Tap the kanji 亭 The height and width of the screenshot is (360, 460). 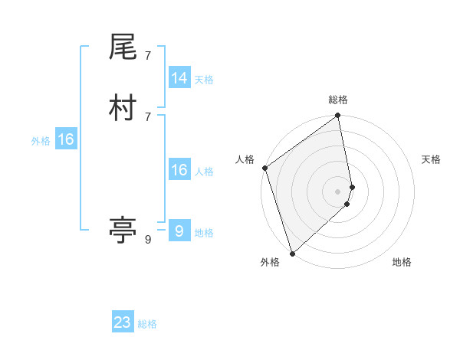coord(123,231)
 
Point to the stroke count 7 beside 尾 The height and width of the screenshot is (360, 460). coord(147,56)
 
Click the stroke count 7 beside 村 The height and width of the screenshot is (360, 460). coord(147,116)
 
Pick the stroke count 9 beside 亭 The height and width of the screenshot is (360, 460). coord(147,240)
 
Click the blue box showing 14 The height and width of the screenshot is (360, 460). coord(179,78)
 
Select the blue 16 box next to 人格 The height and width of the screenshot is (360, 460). coord(179,170)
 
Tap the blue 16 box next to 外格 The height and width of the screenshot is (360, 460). coord(66,139)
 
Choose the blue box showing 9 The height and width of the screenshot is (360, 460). coord(179,231)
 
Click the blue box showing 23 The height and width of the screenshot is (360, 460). coord(123,322)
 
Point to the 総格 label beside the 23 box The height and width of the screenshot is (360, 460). coord(148,324)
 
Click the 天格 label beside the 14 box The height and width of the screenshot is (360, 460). coord(204,80)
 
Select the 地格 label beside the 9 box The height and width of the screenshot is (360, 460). coord(204,233)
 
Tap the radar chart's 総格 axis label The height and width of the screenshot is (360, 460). coord(338,100)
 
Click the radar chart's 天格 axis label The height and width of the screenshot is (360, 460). coord(431,159)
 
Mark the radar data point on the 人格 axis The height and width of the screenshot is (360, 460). coord(264,168)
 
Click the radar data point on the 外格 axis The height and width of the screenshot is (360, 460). coord(292,253)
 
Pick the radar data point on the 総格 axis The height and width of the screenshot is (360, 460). coord(338,116)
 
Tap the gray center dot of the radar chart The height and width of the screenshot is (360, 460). coord(338,191)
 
